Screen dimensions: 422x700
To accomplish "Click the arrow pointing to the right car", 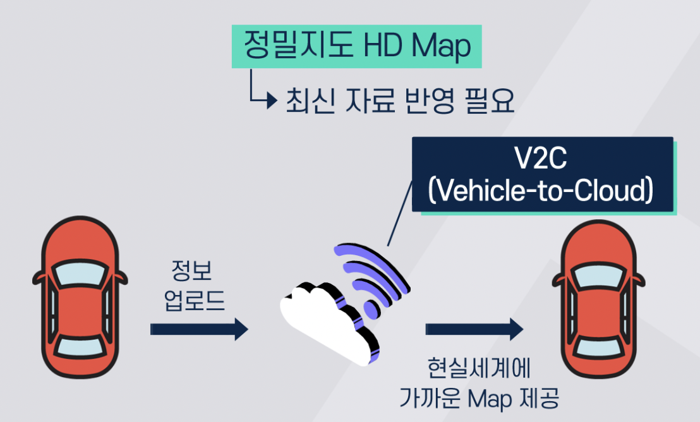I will pyautogui.click(x=474, y=329).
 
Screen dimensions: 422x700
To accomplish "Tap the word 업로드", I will pyautogui.click(x=195, y=301).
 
